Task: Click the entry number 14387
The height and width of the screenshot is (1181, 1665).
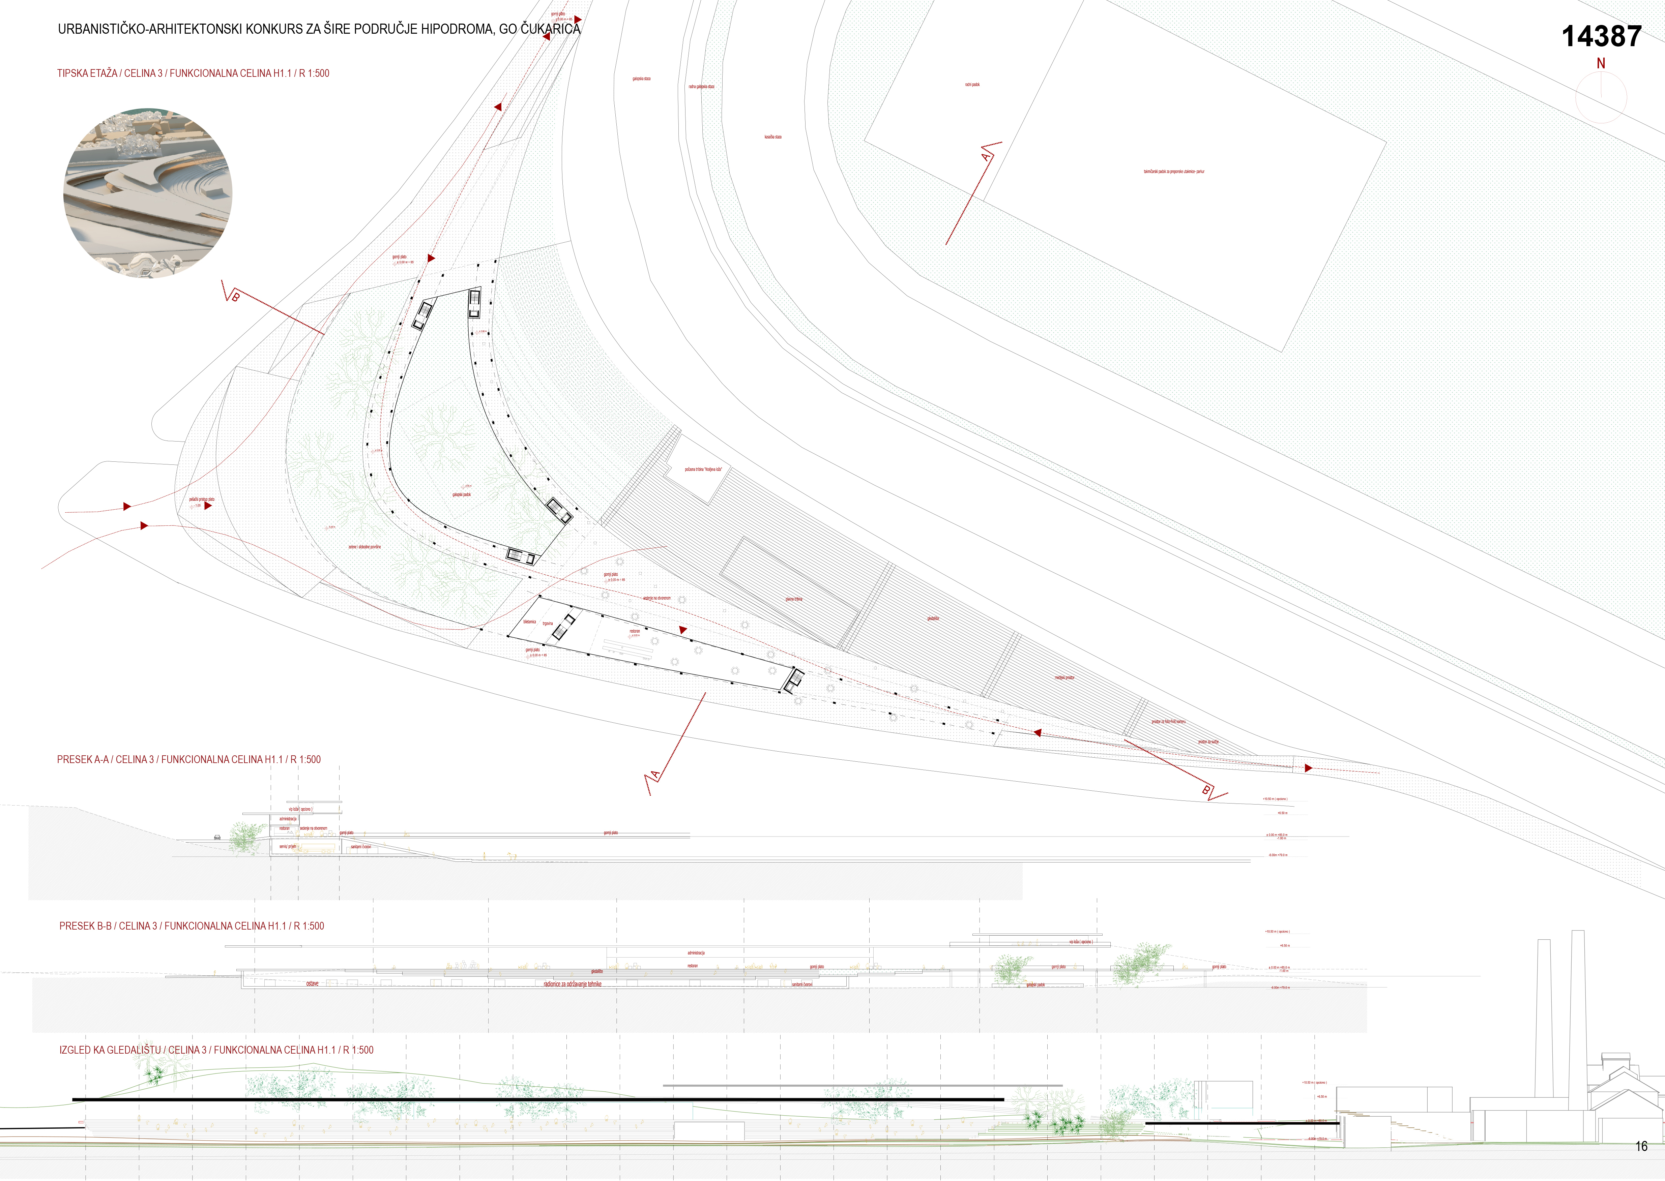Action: [x=1601, y=36]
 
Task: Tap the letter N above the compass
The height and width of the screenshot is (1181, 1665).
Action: [x=1600, y=64]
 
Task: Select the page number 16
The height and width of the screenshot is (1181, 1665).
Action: [x=1641, y=1146]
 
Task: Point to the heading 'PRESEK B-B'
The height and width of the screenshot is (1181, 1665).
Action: [x=191, y=926]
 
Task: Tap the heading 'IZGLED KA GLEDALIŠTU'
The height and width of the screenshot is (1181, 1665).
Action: [x=216, y=1050]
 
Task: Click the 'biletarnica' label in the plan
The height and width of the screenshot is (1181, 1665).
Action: [x=529, y=622]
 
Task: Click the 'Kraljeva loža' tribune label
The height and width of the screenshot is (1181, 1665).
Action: [x=703, y=470]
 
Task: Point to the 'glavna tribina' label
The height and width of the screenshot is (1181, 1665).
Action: [x=794, y=599]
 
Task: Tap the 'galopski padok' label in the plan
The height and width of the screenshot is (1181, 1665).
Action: [x=461, y=494]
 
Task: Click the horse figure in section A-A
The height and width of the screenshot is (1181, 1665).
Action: [x=512, y=856]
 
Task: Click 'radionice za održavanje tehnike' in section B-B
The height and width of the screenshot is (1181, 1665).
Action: [x=573, y=984]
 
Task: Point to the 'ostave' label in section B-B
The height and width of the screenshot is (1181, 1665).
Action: [x=312, y=984]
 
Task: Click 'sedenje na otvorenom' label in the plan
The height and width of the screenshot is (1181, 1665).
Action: [x=657, y=599]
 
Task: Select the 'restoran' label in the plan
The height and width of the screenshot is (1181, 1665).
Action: [x=634, y=631]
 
